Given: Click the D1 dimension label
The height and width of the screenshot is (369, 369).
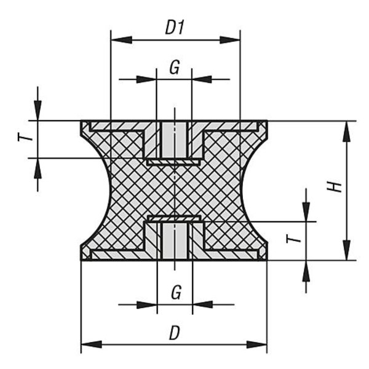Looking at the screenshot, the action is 175,27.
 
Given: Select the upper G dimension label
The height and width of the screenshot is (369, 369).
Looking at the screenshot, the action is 175,67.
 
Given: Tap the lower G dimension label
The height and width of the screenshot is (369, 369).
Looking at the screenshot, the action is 177,292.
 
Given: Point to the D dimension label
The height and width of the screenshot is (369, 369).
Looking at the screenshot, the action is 175,333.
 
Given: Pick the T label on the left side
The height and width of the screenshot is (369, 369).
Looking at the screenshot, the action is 25,137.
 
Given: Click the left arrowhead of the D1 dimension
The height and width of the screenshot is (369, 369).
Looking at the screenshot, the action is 121,40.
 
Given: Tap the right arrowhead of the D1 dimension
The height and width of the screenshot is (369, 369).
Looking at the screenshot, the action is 230,40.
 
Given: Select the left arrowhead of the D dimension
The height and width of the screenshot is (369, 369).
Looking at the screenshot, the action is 92,344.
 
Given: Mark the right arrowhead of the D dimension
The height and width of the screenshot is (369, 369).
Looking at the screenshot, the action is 256,344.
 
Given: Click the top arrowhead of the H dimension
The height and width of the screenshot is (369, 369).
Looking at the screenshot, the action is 346,132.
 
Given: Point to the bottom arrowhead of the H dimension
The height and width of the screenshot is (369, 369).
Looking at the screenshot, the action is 346,250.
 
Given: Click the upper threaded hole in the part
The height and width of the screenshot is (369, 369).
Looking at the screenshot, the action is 174,140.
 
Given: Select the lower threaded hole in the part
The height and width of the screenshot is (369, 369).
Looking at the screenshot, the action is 175,241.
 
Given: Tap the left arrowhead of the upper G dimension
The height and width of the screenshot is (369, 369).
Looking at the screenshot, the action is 146,79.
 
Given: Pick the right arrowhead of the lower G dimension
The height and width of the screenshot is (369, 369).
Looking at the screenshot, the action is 202,304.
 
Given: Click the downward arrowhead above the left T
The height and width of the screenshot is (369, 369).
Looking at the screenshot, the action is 38,111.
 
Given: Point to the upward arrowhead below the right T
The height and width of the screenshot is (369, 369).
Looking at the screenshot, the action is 306,271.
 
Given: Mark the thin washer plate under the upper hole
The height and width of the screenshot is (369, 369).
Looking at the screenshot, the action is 174,162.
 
